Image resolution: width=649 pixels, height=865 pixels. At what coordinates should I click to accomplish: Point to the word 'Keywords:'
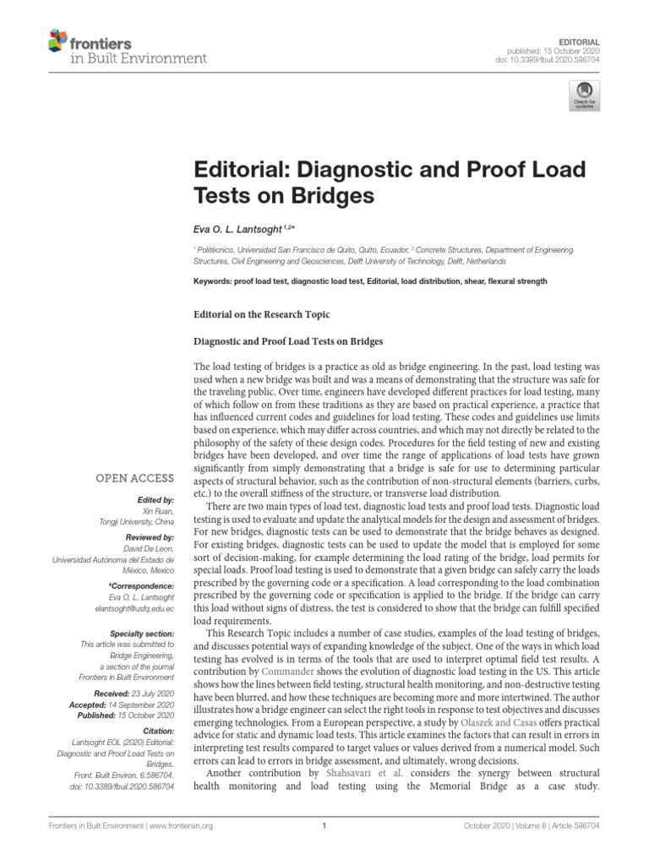215,281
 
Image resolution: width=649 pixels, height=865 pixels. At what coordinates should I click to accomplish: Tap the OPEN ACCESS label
135,479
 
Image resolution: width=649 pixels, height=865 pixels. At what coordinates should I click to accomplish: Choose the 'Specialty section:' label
143,634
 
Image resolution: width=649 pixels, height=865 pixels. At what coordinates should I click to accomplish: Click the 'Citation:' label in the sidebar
158,730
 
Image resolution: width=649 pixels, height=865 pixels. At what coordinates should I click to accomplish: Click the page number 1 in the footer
324,827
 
